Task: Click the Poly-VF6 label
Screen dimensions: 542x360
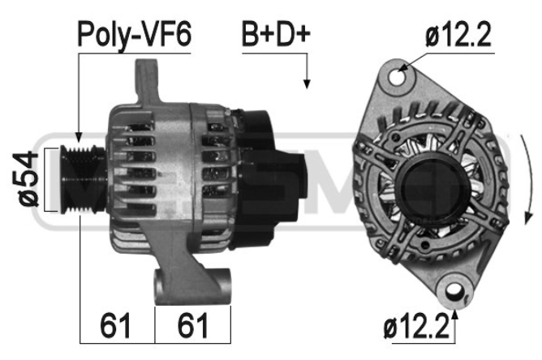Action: pyautogui.click(x=134, y=35)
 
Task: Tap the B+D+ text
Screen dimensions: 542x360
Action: pyautogui.click(x=276, y=34)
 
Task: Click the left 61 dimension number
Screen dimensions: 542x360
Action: pyautogui.click(x=115, y=325)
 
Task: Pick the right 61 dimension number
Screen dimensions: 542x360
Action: pyautogui.click(x=193, y=325)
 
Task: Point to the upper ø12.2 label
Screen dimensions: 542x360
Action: pyautogui.click(x=458, y=35)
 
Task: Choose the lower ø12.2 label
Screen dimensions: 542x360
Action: pyautogui.click(x=416, y=328)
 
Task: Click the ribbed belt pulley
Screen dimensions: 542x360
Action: pyautogui.click(x=83, y=179)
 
